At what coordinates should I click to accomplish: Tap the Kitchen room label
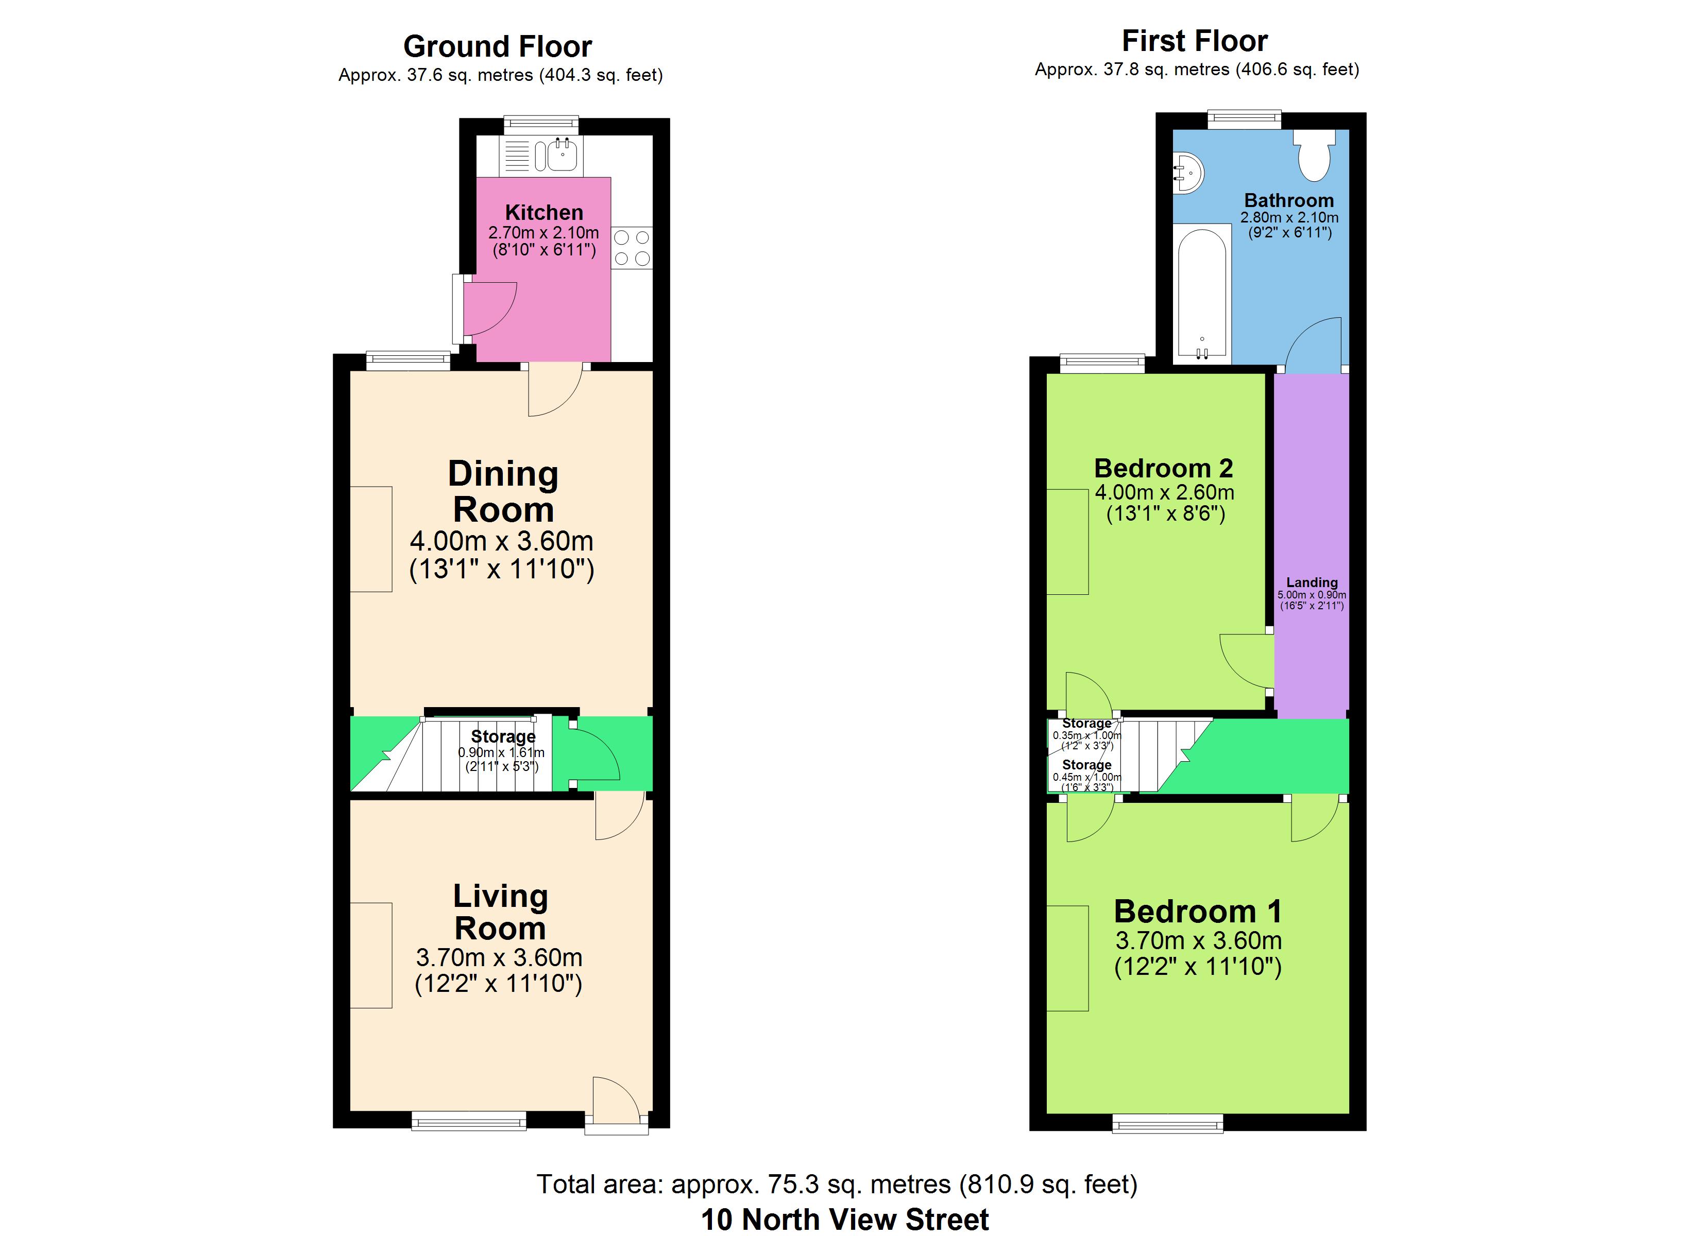[x=544, y=212]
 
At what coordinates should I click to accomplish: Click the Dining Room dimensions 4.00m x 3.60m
[x=501, y=540]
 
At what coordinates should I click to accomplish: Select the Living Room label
[x=500, y=912]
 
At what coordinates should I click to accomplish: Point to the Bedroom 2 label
[x=1163, y=469]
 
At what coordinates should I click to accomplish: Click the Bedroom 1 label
[x=1198, y=912]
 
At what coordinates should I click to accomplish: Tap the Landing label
[x=1312, y=582]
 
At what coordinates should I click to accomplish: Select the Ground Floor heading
[x=498, y=46]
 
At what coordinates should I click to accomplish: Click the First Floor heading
[x=1195, y=41]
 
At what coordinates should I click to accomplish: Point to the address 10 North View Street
[x=845, y=1220]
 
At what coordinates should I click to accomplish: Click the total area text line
[x=837, y=1184]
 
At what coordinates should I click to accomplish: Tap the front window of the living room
[x=469, y=1121]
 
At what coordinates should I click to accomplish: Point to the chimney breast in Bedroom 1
[x=1067, y=958]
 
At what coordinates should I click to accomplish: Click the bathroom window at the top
[x=1244, y=119]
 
